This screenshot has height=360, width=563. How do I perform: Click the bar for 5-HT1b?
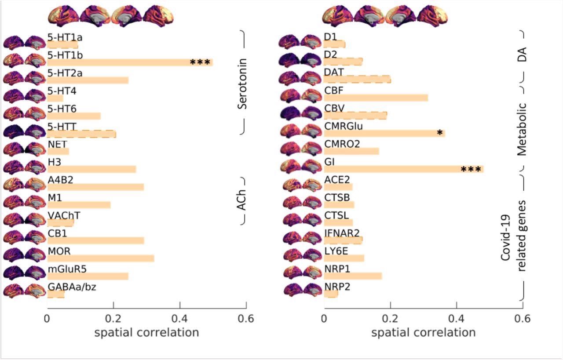[130, 62]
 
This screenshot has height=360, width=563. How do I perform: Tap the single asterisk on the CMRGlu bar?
[439, 132]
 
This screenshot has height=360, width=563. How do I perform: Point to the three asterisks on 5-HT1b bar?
[200, 62]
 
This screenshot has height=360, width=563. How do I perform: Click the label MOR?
[59, 251]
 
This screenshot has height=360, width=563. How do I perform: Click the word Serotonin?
[241, 84]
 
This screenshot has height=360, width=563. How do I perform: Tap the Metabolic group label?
[522, 130]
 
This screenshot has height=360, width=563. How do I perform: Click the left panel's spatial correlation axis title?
[146, 332]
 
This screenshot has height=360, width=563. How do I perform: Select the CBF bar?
[376, 98]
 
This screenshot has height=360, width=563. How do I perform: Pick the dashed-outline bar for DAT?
[357, 79]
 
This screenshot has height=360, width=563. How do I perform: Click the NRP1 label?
[336, 269]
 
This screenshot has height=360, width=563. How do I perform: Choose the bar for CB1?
[95, 240]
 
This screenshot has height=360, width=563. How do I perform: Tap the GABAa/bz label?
[72, 287]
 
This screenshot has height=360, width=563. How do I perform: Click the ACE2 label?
[336, 179]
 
